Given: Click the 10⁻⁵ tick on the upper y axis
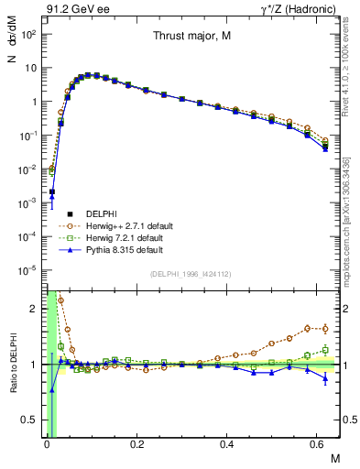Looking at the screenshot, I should pos(27,269).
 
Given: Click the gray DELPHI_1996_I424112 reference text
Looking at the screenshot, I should pos(190,273).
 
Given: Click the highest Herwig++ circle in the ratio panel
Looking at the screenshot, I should pos(61,300).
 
